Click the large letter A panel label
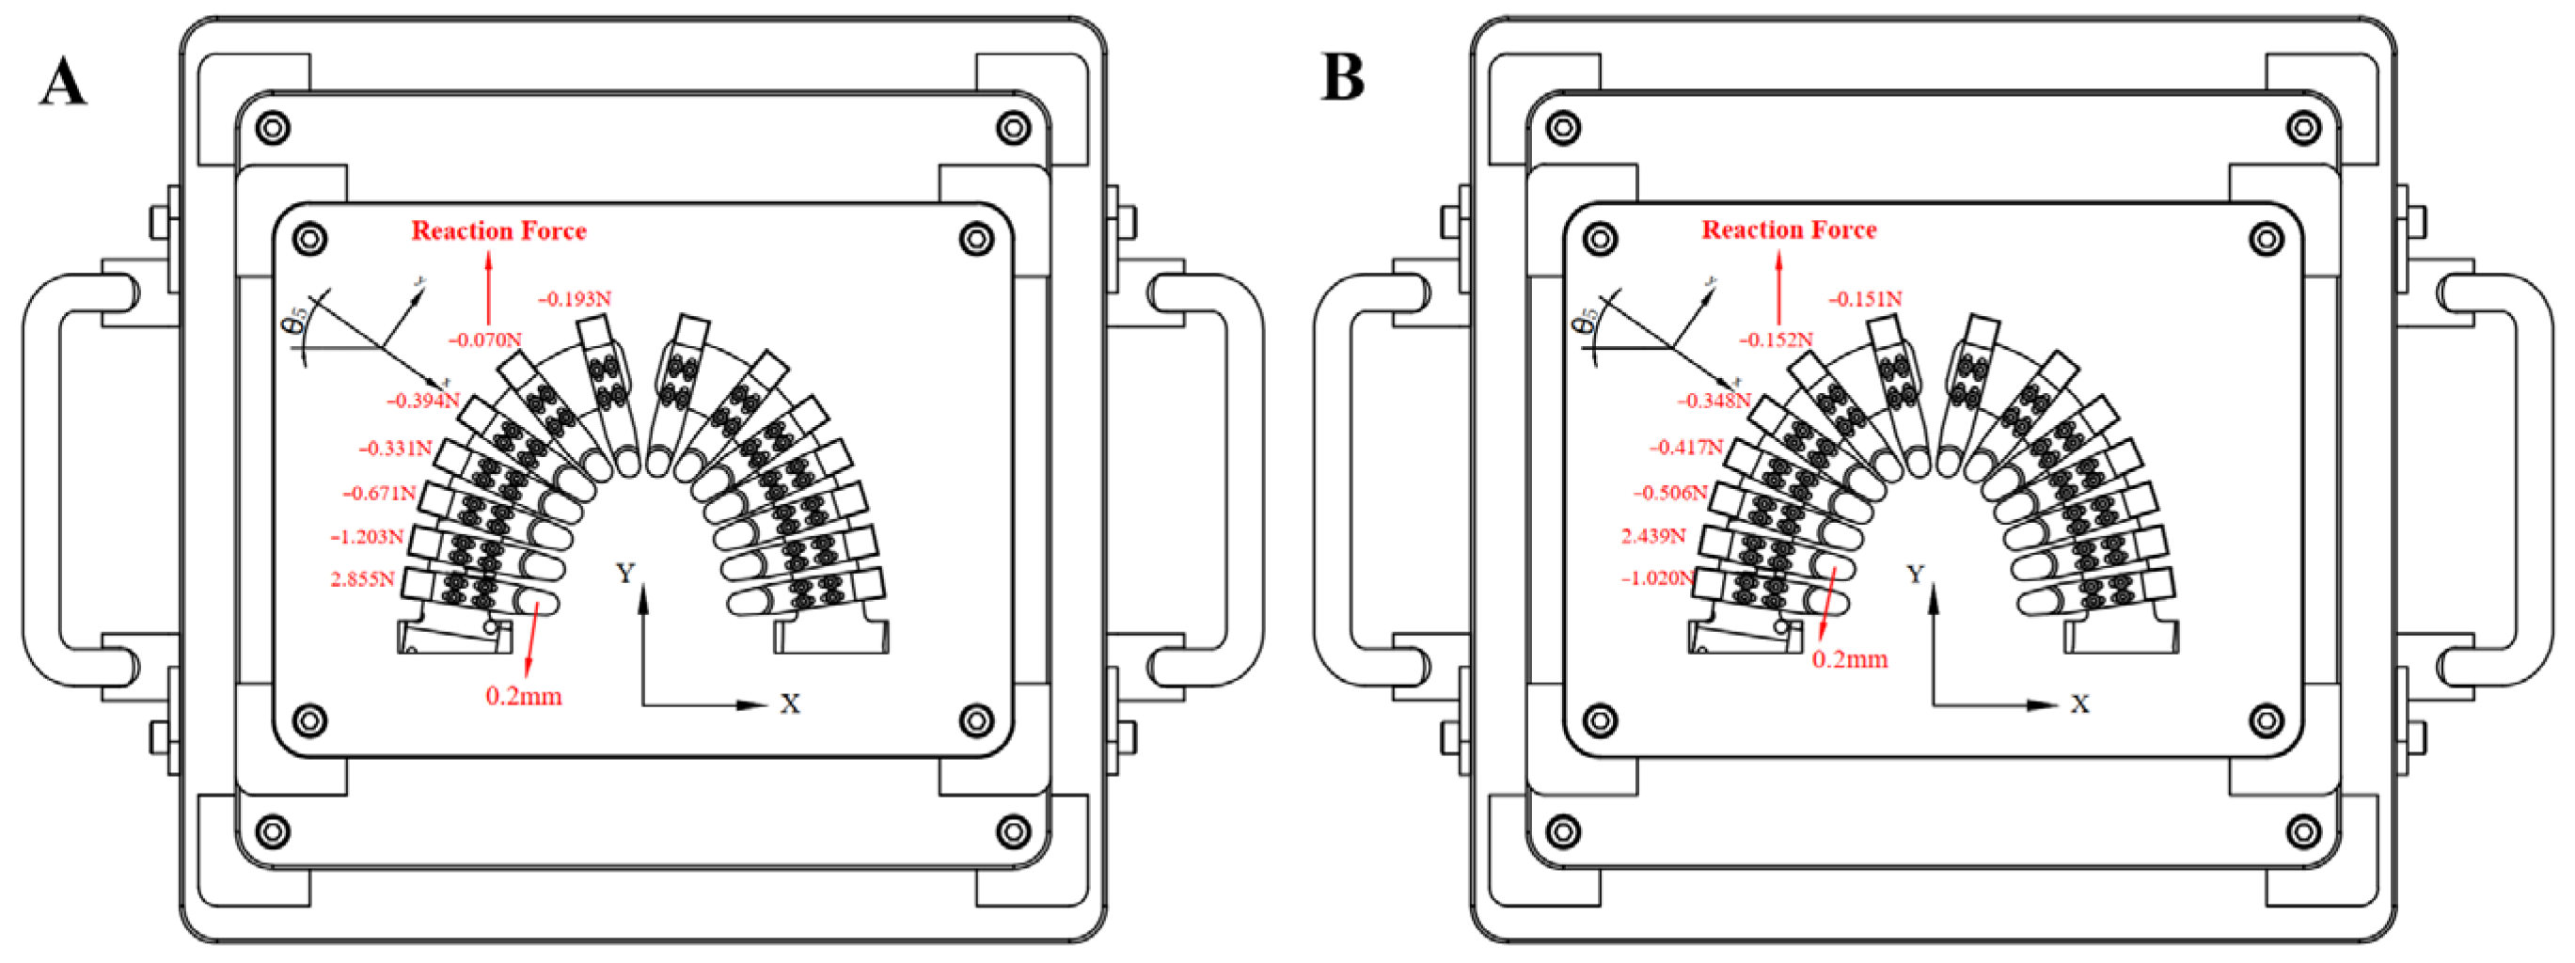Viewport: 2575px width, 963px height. pos(62,82)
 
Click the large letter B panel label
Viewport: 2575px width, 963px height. pos(1341,78)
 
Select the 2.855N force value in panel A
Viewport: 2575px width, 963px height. pos(362,579)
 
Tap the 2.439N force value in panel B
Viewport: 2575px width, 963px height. pos(1652,536)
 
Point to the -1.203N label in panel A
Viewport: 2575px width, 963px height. pos(367,537)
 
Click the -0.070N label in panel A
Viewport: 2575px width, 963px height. pos(485,340)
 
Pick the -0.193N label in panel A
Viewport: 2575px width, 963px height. pos(575,299)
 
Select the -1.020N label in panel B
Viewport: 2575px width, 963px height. pos(1656,578)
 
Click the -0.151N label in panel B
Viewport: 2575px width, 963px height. pos(1865,299)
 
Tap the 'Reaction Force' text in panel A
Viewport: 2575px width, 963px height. pos(498,231)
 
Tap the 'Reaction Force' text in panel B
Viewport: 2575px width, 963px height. pos(1789,230)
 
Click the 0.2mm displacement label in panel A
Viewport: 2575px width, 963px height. pos(524,696)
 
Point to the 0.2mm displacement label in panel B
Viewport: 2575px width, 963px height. pos(1849,660)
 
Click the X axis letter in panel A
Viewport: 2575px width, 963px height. pos(790,704)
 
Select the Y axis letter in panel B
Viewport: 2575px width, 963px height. pos(1914,574)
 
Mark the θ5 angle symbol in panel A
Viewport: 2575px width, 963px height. pos(295,322)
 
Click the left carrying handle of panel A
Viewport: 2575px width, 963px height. pos(45,480)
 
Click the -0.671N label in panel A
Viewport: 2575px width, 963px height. pos(379,493)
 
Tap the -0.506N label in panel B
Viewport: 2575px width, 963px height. pos(1669,493)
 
